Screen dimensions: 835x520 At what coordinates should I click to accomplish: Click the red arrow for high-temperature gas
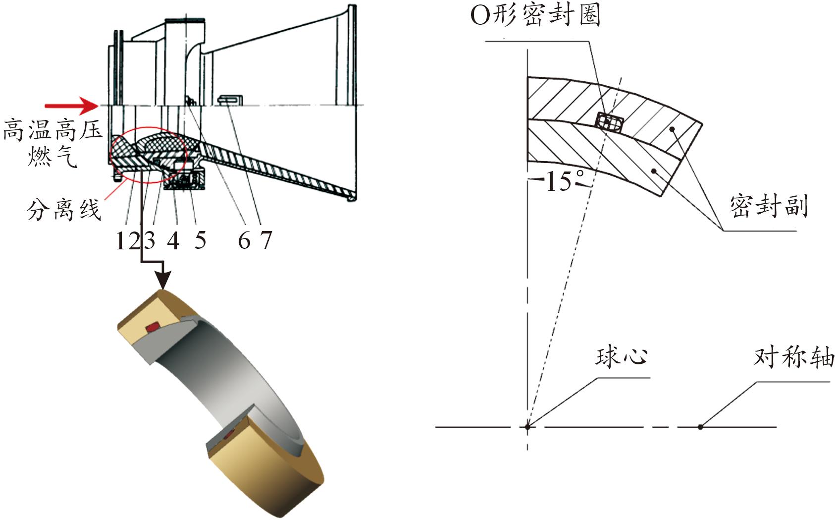pos(71,106)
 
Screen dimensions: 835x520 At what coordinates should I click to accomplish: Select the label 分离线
pos(64,210)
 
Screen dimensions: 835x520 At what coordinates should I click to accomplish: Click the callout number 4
pos(173,240)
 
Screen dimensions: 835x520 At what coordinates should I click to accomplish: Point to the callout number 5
pos(200,240)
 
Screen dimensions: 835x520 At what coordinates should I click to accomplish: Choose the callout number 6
pos(244,240)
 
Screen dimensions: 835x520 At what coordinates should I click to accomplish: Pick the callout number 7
pos(266,240)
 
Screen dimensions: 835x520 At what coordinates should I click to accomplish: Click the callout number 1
pos(122,240)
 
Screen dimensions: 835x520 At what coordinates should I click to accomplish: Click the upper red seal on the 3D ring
pos(152,327)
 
